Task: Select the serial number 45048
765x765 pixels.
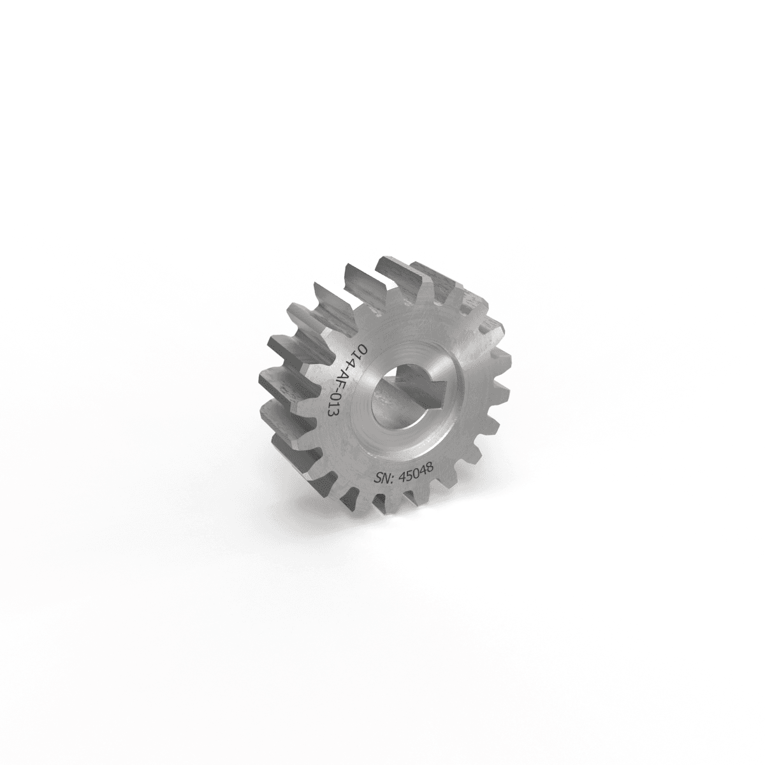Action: point(415,471)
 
